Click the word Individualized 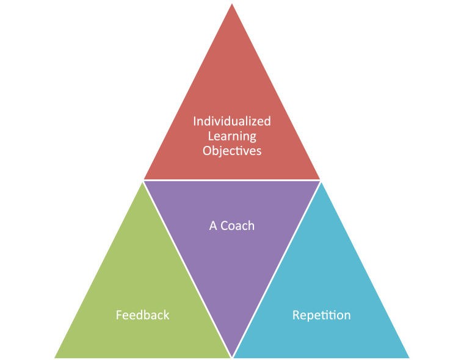click(x=232, y=121)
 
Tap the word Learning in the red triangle click(x=232, y=135)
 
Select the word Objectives click(x=232, y=150)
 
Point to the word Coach click(x=237, y=226)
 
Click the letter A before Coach click(x=213, y=226)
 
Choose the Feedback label click(x=142, y=315)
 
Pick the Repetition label click(x=321, y=315)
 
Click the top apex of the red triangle click(x=232, y=3)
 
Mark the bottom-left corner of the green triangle click(x=55, y=357)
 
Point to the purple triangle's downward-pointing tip click(x=232, y=356)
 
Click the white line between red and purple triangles click(x=232, y=180)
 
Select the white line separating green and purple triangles click(x=187, y=268)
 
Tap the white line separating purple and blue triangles click(x=277, y=268)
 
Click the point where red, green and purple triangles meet click(x=143, y=181)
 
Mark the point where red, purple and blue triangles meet click(x=321, y=181)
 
